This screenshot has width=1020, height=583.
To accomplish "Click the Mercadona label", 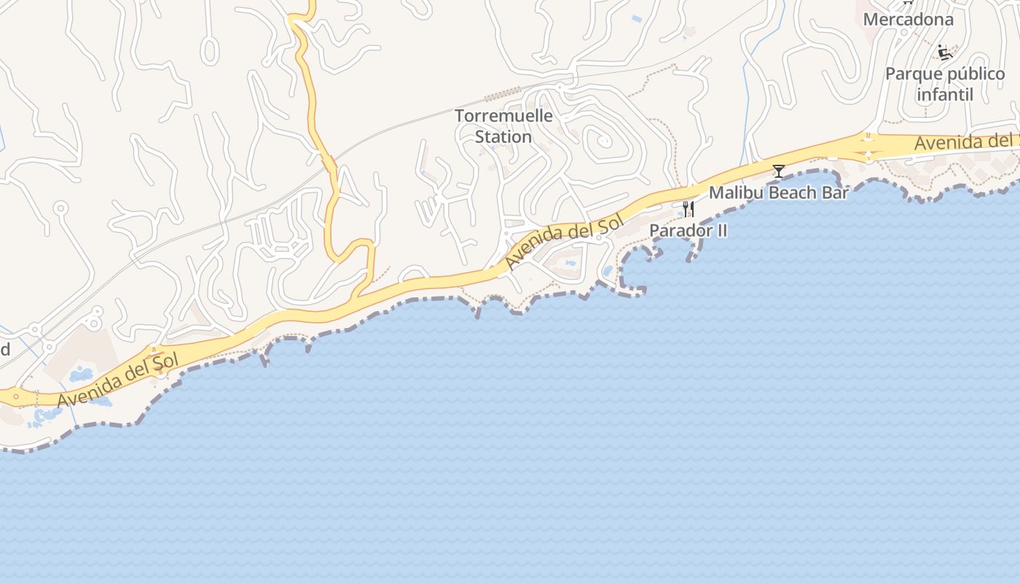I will [908, 20].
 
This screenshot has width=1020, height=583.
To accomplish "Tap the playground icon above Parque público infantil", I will [945, 52].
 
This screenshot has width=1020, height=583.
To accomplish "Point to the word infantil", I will [944, 95].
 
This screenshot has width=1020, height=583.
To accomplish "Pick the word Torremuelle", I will [503, 116].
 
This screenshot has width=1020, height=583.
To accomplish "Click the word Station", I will [503, 136].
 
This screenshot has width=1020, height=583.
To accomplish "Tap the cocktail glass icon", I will [779, 171].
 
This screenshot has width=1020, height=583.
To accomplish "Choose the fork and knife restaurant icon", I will [688, 210].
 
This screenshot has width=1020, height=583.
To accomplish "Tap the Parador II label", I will [688, 230].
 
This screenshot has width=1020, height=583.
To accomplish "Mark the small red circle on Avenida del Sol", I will [16, 397].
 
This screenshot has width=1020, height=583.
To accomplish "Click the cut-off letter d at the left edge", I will [4, 350].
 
